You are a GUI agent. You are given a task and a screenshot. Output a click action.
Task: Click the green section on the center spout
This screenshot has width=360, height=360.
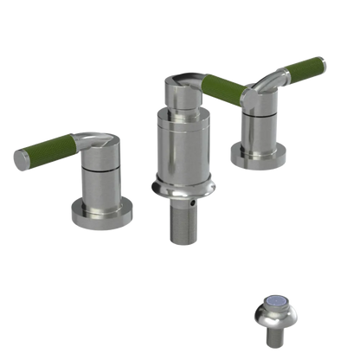pos(225,86)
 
